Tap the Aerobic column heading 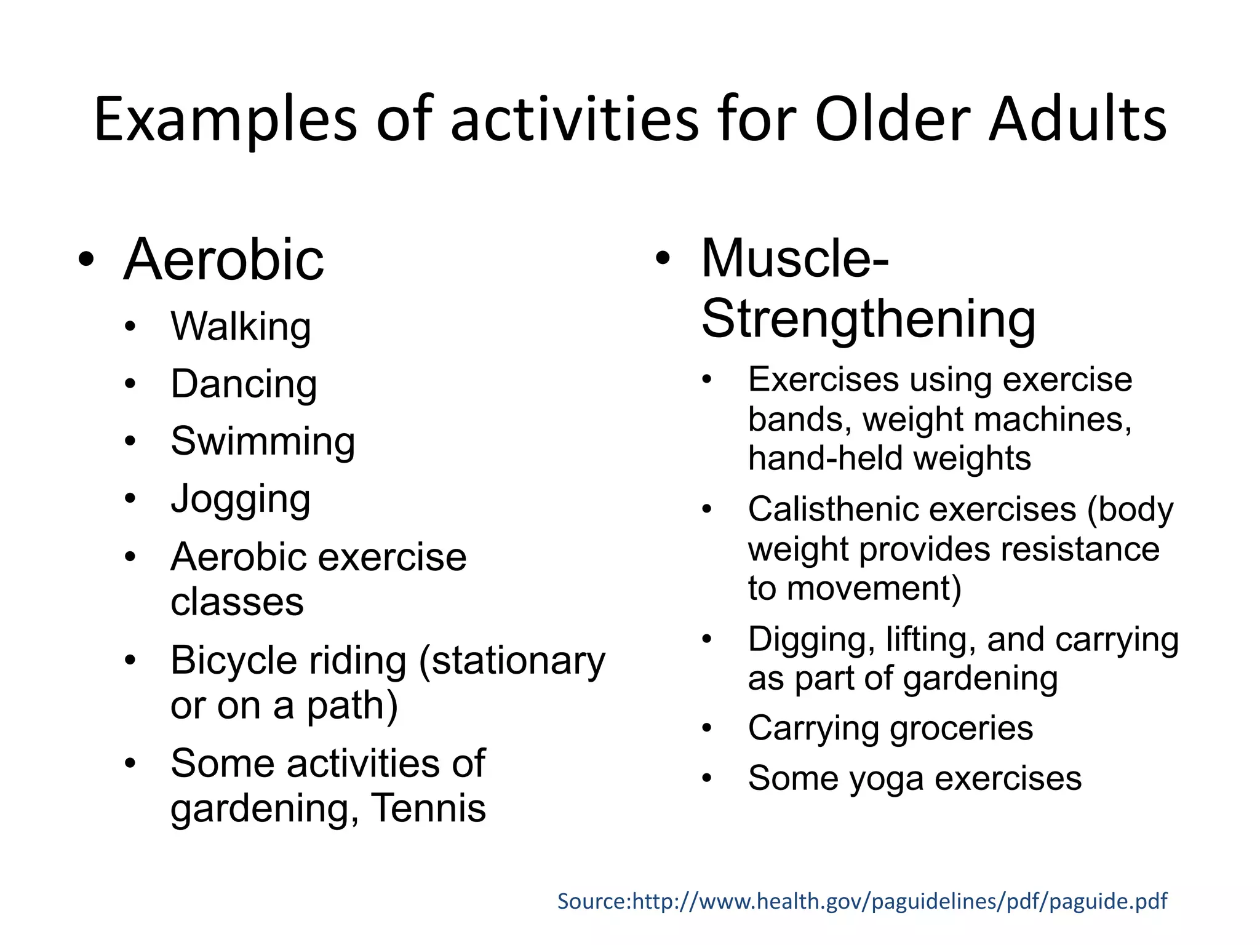223,260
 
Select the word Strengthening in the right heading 868,319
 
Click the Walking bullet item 241,327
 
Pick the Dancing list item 244,385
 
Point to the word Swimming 263,442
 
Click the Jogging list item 241,499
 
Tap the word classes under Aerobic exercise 237,602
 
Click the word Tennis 429,808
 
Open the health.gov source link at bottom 862,901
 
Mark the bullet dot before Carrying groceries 707,729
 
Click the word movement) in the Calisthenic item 874,588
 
